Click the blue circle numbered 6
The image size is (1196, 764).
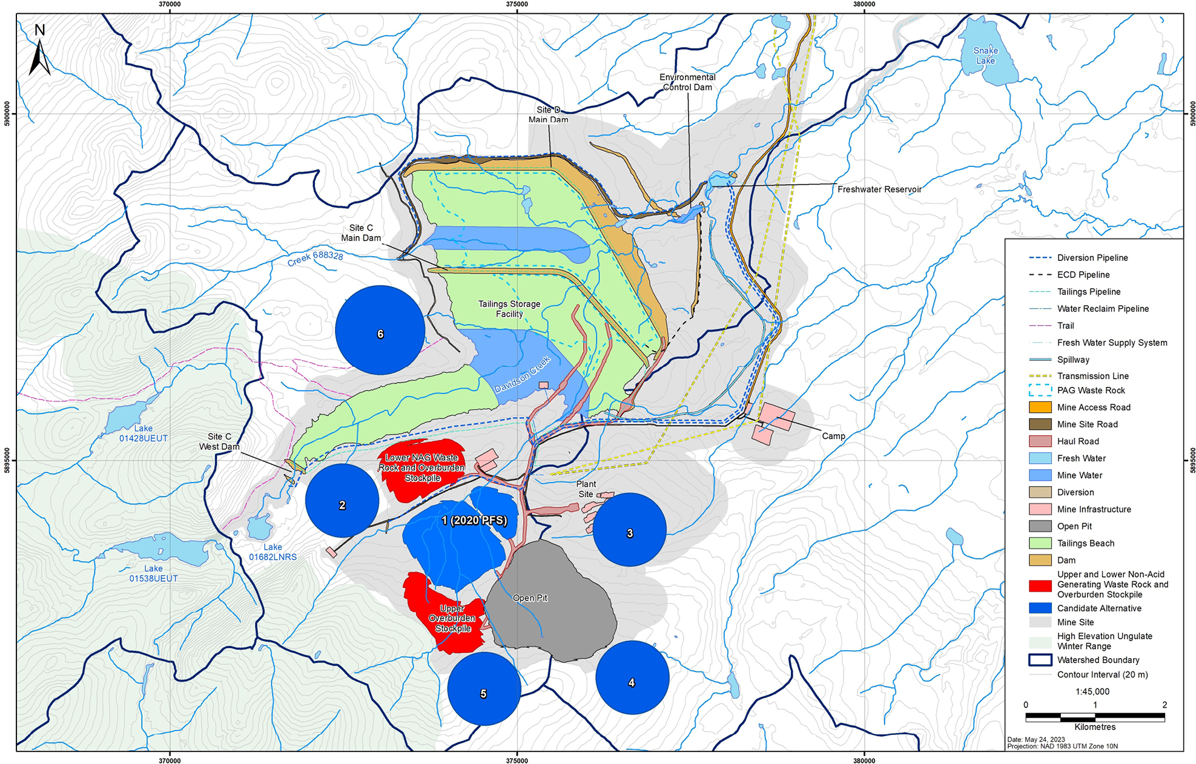(380, 330)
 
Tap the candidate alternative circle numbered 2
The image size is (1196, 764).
(342, 501)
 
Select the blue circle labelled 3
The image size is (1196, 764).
(629, 530)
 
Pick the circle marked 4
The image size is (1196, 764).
(632, 677)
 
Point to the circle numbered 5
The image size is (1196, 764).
(484, 688)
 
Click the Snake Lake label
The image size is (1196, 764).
(985, 56)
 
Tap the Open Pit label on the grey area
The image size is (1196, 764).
(530, 598)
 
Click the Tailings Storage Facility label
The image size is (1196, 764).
(509, 309)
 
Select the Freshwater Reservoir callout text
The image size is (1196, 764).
(879, 189)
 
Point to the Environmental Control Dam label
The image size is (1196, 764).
(687, 82)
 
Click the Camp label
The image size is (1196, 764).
(833, 436)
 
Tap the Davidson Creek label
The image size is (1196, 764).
(523, 375)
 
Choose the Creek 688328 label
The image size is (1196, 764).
(315, 259)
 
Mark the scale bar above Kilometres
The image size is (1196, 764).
(1095, 717)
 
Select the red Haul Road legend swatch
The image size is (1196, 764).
(1040, 441)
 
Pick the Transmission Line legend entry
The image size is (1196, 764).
(1092, 376)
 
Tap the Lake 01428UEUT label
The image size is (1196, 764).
(143, 433)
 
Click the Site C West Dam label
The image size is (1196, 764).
(219, 441)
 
